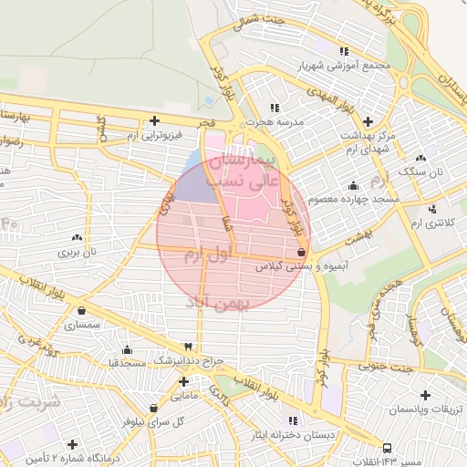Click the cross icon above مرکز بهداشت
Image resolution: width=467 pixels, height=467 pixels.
tap(368, 121)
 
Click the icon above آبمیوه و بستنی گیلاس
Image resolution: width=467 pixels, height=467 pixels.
tap(302, 253)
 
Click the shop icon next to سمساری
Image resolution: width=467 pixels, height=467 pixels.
tap(68, 322)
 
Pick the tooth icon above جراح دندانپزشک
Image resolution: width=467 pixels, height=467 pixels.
tap(188, 348)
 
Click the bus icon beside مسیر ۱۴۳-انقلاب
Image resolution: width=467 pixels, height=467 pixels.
tap(388, 448)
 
